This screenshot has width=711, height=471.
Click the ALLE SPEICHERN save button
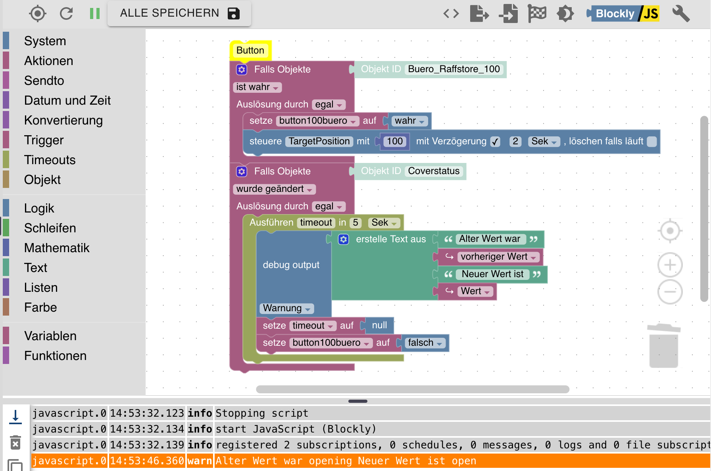179,13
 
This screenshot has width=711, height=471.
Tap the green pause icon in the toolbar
95,13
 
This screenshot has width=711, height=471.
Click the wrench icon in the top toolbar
681,13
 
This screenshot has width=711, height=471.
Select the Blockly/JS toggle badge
623,13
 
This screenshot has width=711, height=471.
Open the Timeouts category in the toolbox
50,160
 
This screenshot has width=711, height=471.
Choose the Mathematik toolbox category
57,248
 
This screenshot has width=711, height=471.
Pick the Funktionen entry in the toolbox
55,356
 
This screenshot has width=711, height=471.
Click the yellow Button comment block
250,50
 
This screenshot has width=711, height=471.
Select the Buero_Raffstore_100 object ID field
454,69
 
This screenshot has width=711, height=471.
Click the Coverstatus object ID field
434,171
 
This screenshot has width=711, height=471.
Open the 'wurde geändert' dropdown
274,189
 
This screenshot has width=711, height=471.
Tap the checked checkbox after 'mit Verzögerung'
495,142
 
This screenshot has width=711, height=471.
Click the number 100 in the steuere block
395,141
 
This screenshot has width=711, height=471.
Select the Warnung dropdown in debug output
286,308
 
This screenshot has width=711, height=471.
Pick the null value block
379,325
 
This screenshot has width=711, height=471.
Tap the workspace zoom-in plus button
670,265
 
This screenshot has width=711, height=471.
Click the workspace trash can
664,345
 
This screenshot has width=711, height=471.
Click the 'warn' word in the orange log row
200,461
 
